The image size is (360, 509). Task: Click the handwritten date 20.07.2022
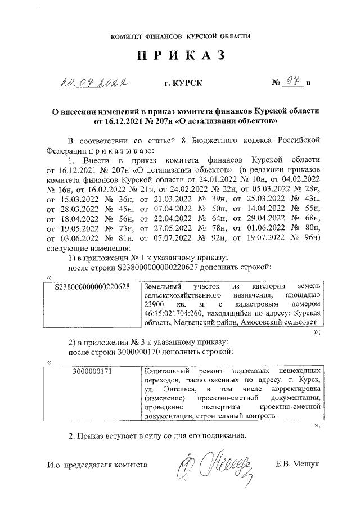(93, 84)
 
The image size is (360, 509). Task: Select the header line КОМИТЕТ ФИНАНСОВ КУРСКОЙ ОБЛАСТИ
(180, 36)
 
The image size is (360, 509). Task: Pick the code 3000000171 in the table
(93, 372)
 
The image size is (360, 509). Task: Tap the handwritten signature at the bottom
(214, 465)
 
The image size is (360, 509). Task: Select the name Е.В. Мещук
(297, 465)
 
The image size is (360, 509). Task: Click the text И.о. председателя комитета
(97, 465)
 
